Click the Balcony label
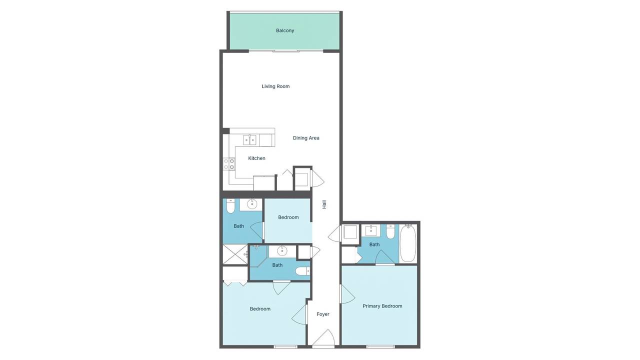click(285, 30)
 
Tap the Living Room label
click(275, 86)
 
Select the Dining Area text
click(306, 138)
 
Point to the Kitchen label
click(256, 158)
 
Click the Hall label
click(324, 204)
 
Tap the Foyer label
click(323, 314)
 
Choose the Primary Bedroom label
click(382, 306)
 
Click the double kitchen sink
click(249, 140)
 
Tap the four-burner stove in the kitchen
click(229, 164)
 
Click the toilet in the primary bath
click(390, 231)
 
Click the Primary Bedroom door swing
click(347, 294)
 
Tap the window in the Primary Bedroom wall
click(380, 347)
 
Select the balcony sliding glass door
click(285, 51)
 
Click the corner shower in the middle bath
click(259, 256)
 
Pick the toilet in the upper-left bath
click(230, 206)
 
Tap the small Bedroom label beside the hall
click(288, 217)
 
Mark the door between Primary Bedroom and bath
click(385, 257)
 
